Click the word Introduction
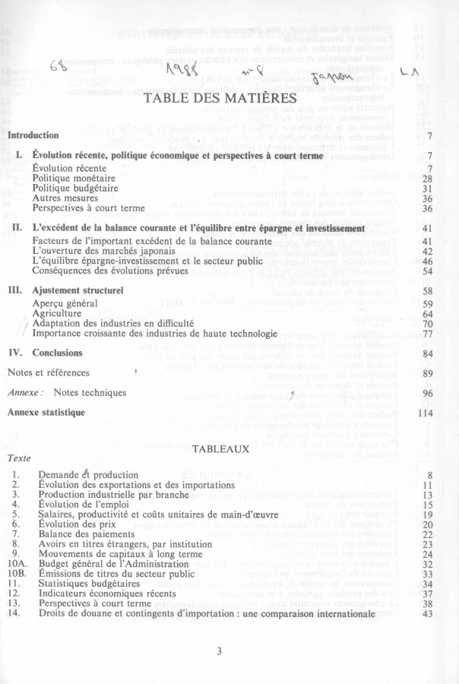33,135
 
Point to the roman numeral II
16,227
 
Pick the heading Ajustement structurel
78,290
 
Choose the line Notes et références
48,372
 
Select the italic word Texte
19,459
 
